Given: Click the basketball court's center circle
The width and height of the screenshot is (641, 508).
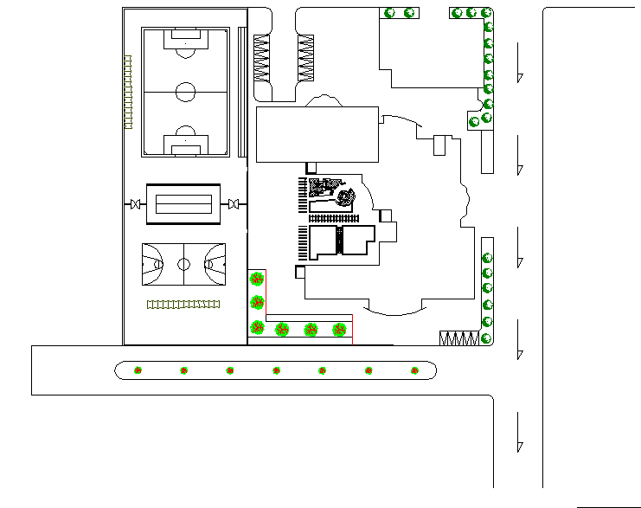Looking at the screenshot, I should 183,264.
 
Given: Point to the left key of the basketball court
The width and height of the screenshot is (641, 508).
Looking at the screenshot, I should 153,264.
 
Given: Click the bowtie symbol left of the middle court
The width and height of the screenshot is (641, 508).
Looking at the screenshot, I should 135,204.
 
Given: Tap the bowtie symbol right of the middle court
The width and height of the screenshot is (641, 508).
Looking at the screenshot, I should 233,204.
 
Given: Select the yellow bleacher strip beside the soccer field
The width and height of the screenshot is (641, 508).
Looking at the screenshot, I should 128,92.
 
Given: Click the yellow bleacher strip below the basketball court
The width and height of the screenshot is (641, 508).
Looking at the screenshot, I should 183,304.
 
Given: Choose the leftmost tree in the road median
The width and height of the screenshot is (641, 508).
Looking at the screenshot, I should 138,370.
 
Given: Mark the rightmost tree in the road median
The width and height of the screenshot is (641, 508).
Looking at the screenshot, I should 415,370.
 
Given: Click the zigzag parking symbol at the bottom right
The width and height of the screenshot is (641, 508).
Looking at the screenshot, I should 458,338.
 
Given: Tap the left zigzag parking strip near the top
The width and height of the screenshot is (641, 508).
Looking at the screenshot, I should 262,59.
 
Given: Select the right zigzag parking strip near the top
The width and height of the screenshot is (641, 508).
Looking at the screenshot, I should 305,59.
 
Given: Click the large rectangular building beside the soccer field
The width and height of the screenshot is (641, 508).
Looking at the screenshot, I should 317,134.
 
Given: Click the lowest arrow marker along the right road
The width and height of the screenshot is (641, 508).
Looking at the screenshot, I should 519,447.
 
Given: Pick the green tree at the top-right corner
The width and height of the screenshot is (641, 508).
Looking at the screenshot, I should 487,13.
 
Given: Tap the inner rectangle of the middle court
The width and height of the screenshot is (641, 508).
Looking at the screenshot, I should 183,204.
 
